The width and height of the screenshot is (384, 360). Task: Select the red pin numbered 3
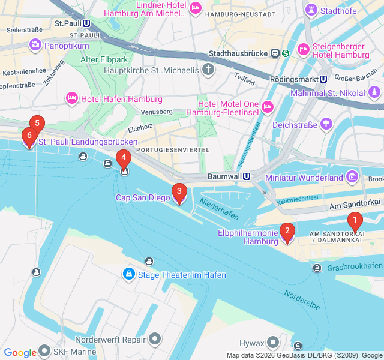(x=179, y=192)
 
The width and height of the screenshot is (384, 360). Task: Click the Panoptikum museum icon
(x=35, y=45)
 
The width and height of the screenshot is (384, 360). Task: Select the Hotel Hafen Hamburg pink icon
(x=72, y=97)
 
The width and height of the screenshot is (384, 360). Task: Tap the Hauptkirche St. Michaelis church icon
(x=208, y=71)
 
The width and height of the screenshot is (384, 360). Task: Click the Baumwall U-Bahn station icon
(x=256, y=178)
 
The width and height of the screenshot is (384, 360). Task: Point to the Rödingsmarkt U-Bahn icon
(x=323, y=78)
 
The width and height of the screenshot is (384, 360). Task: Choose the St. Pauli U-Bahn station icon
(x=88, y=23)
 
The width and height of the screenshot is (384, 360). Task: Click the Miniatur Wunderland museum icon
(x=352, y=178)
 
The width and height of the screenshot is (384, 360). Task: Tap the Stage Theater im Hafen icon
(x=128, y=274)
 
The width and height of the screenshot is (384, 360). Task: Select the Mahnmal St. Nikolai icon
(x=374, y=93)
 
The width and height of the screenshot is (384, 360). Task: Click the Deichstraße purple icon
(x=326, y=124)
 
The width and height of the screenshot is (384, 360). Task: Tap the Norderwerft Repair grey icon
(x=155, y=339)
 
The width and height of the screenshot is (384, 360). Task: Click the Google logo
(x=20, y=353)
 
